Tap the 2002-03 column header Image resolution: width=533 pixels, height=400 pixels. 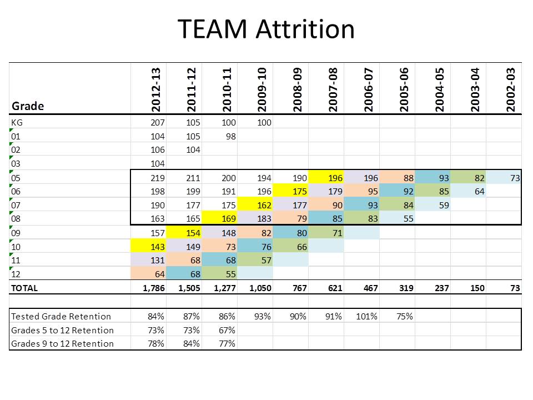click(x=511, y=89)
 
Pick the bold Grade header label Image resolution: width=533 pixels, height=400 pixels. click(x=28, y=106)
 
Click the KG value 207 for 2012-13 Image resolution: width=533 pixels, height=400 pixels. click(x=157, y=122)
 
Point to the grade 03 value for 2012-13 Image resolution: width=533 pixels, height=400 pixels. click(x=157, y=164)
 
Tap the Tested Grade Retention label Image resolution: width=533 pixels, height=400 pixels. click(x=61, y=316)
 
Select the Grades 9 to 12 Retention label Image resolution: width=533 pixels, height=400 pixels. click(x=62, y=343)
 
